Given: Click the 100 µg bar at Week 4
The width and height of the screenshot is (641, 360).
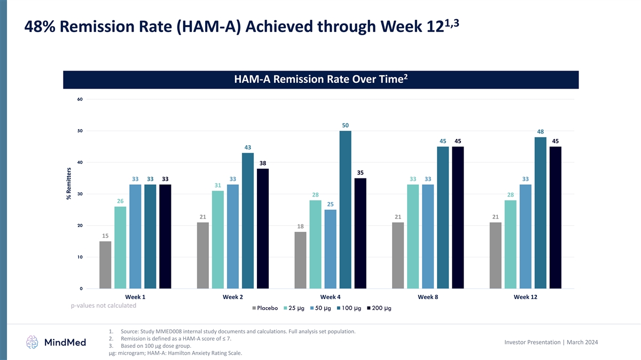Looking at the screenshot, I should [345, 209].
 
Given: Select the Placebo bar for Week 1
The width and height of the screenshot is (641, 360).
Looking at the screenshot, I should [105, 265].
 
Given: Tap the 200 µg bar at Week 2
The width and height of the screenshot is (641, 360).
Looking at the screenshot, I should [263, 229].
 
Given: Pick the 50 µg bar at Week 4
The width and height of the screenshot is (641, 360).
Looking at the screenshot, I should [330, 249].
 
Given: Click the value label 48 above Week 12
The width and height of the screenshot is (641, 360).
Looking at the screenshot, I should [540, 131].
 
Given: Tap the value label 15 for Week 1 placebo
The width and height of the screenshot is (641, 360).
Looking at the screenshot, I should [105, 236].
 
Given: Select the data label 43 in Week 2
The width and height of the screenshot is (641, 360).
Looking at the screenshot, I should [248, 147].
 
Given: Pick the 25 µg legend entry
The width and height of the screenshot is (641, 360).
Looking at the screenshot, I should [296, 308].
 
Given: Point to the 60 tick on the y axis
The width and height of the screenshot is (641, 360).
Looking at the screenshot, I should [79, 99].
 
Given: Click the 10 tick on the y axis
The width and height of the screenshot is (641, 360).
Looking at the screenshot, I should [79, 257].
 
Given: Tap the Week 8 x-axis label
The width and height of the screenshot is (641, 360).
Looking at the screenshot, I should [428, 297].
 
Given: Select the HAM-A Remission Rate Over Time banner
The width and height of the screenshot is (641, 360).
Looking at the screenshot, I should [321, 80].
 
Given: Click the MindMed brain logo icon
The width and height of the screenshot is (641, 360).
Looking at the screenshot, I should [33, 342].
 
